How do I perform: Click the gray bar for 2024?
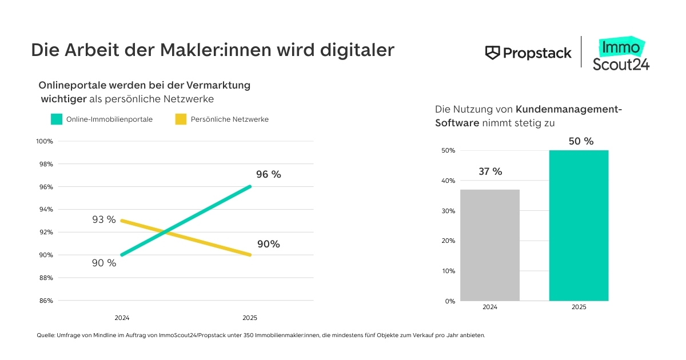click(x=490, y=245)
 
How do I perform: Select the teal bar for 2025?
click(x=579, y=225)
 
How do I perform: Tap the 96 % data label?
click(x=268, y=175)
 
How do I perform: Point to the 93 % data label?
click(x=104, y=219)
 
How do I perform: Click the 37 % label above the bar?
click(x=490, y=171)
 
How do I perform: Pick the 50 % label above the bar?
click(x=581, y=141)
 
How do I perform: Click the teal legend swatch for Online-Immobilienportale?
click(x=56, y=119)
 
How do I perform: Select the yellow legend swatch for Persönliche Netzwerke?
click(x=181, y=119)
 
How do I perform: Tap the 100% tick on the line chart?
click(x=45, y=141)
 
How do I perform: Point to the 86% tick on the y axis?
click(x=46, y=301)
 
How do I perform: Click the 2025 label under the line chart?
click(x=250, y=318)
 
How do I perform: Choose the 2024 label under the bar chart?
click(x=490, y=307)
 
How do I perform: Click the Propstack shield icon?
click(x=492, y=53)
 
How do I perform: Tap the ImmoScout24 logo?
click(x=620, y=55)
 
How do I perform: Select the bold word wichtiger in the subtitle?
click(x=63, y=99)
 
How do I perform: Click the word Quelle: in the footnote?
click(x=45, y=335)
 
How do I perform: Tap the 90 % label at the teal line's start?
click(x=104, y=263)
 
